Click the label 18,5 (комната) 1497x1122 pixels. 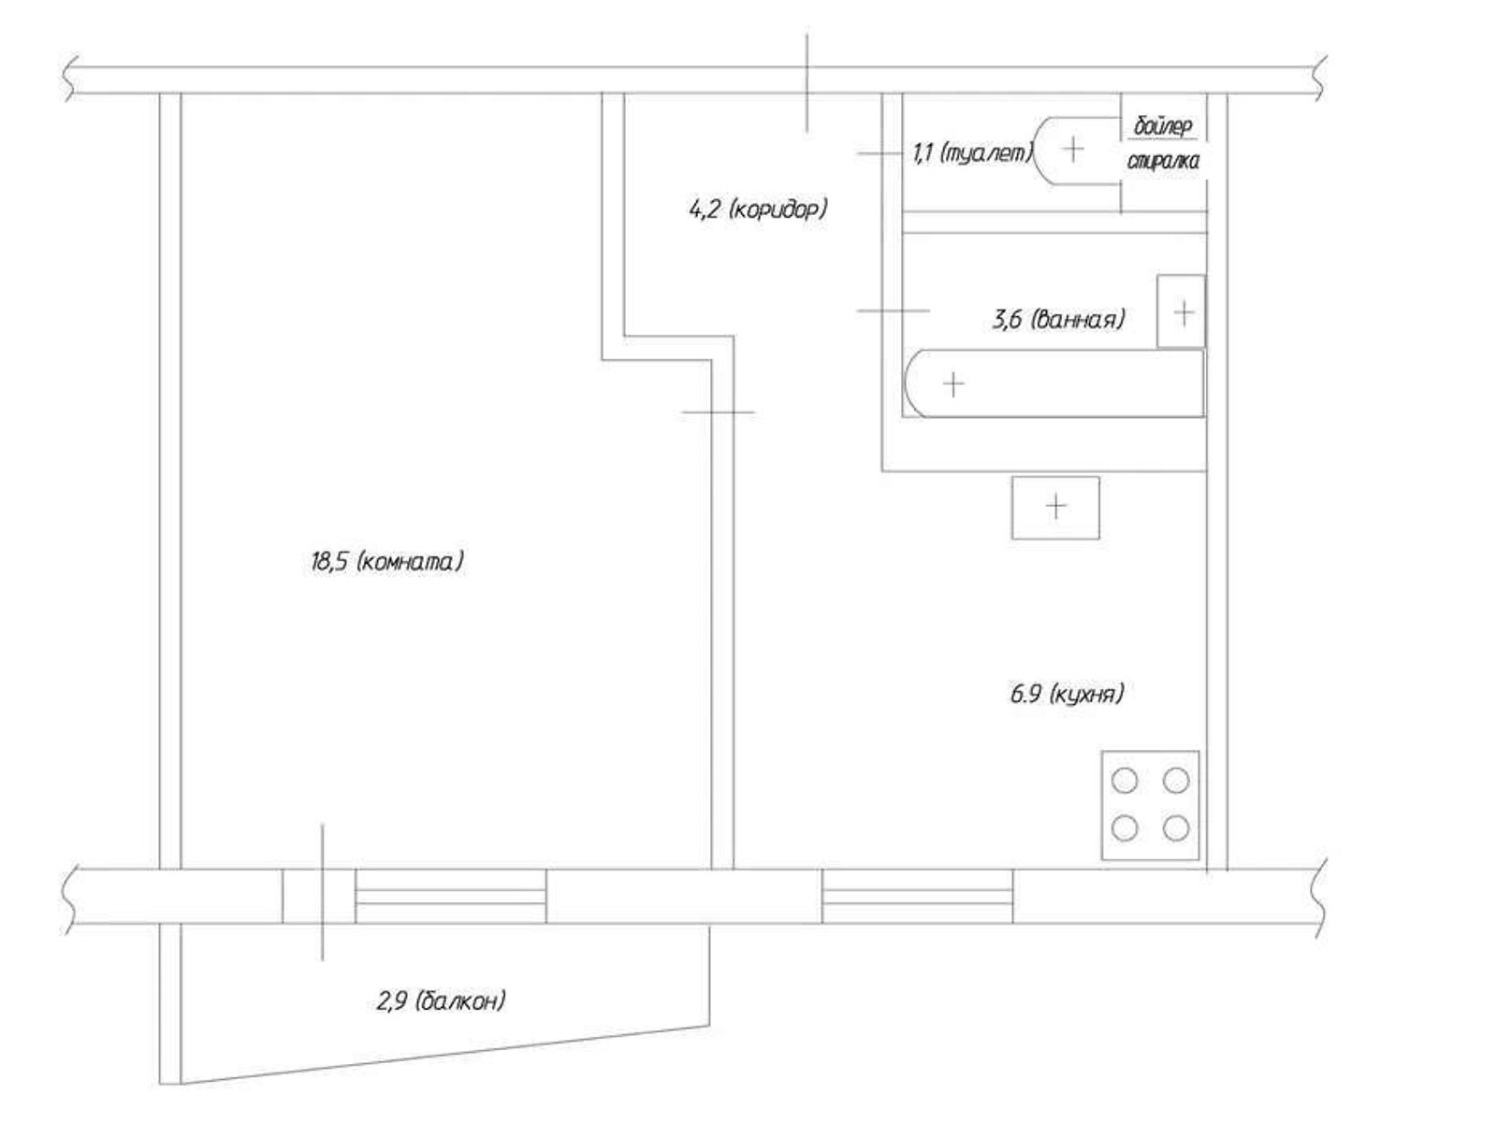pos(387,562)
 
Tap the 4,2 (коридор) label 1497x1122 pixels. pos(759,209)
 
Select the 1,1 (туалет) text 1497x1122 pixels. pos(973,153)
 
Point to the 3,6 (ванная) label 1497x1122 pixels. pos(1058,319)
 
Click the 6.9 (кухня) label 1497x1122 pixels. pos(1067,694)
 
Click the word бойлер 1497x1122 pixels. pos(1163,126)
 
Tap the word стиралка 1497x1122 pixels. pos(1163,162)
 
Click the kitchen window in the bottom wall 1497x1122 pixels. pos(917,898)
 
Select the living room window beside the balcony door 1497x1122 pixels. pos(450,898)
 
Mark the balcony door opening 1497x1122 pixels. pos(318,897)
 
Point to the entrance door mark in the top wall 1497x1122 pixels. pos(807,83)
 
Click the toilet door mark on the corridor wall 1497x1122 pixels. pos(880,154)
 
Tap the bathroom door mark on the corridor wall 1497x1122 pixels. pos(894,310)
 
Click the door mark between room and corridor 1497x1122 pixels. pos(719,412)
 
